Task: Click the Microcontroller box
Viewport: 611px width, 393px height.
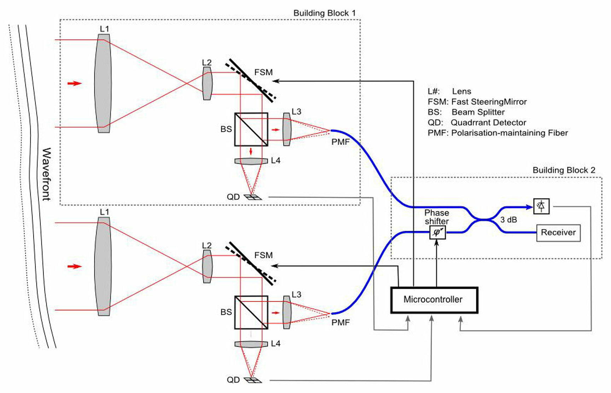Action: tap(434, 300)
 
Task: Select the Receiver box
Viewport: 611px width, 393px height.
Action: tap(558, 233)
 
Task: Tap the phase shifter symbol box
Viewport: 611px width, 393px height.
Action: tap(437, 233)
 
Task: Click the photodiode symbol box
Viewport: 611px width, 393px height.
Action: tap(541, 206)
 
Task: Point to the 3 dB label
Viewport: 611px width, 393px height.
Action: tap(508, 220)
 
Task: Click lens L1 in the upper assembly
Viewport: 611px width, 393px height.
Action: tap(103, 83)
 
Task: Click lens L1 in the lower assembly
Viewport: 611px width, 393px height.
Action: tap(103, 266)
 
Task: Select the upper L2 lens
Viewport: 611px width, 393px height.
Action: tap(207, 83)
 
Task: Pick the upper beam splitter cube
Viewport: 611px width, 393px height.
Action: tap(251, 129)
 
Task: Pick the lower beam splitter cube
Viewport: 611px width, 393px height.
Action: tap(251, 312)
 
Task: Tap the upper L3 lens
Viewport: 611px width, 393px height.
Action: tap(287, 129)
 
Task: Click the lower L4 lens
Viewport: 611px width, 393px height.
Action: tap(251, 344)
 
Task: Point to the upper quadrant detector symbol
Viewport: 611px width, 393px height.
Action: tap(253, 197)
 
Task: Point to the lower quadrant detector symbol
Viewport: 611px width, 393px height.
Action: tap(253, 380)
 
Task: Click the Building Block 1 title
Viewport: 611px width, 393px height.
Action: tap(324, 13)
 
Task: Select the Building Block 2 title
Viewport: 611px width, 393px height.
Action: tap(564, 170)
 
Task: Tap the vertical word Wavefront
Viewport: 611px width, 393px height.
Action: tap(46, 174)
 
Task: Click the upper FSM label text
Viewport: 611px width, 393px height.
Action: tap(263, 72)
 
